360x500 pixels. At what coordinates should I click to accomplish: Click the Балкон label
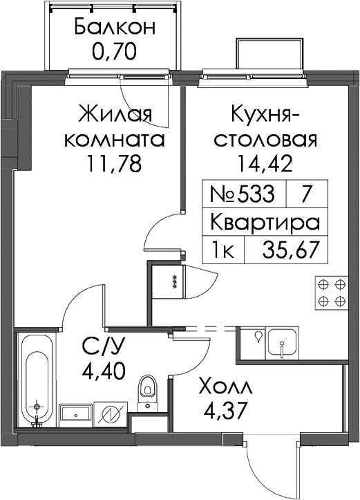point(115,27)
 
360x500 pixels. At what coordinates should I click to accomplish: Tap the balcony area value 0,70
point(115,51)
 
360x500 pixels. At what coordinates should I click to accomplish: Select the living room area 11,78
point(114,165)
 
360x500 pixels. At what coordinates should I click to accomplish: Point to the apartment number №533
point(242,194)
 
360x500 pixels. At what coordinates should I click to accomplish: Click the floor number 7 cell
point(305,194)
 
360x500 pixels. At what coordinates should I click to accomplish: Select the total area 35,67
point(290,250)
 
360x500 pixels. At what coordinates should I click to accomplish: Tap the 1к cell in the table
point(223,250)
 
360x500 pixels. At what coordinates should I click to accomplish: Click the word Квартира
point(265,222)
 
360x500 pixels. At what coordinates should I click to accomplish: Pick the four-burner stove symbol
point(332,292)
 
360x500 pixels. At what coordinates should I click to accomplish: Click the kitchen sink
point(283,342)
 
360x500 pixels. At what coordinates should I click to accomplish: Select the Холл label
point(225,387)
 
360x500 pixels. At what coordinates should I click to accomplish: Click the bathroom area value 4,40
point(104,371)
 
